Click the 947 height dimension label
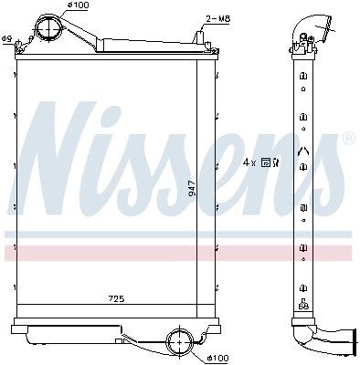192,189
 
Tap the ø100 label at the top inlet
78,7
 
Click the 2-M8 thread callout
217,17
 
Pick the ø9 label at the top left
7,37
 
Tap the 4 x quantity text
249,162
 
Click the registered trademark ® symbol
348,138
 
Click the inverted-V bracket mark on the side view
302,151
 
